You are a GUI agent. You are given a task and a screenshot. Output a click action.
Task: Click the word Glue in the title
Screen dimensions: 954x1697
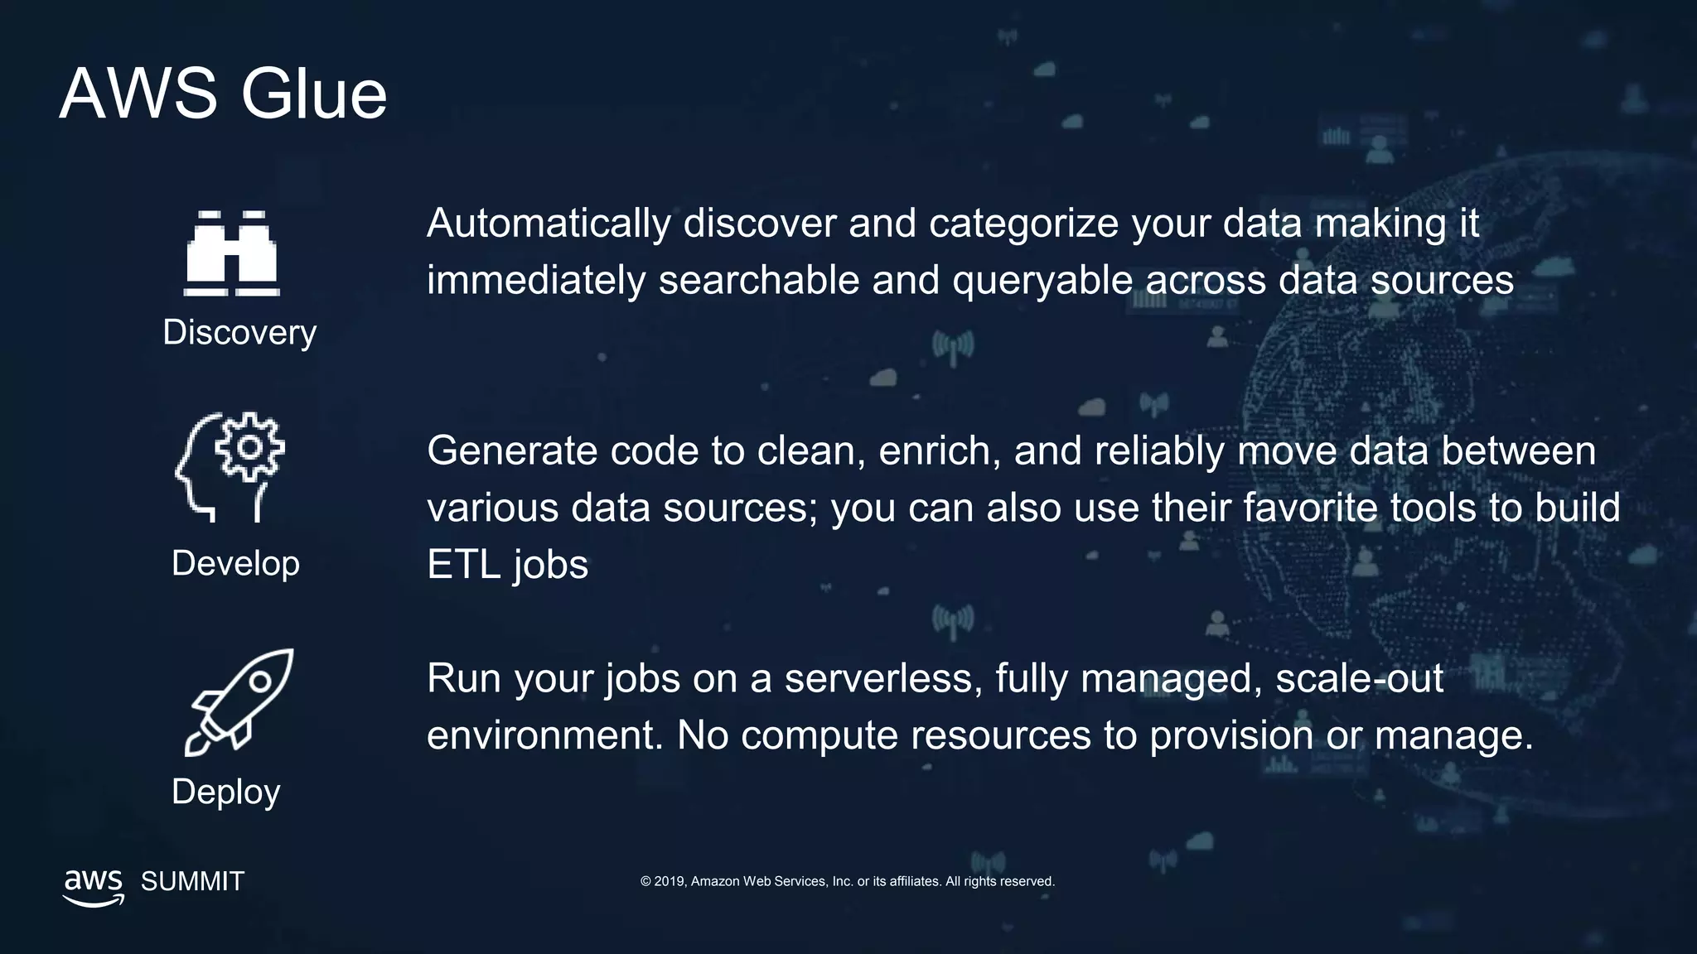[x=313, y=94]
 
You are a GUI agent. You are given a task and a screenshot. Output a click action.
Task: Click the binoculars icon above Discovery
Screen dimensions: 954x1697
[x=231, y=253]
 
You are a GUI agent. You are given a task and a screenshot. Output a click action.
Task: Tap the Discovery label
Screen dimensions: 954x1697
[x=239, y=333]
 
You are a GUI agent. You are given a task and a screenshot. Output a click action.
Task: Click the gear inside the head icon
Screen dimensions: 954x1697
[x=249, y=447]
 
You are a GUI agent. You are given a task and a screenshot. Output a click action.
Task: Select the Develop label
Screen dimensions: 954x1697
[x=235, y=564]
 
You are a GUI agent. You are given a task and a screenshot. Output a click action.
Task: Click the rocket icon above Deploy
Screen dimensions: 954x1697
[x=239, y=702]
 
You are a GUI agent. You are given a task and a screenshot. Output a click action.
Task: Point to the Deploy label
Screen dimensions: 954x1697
[x=225, y=793]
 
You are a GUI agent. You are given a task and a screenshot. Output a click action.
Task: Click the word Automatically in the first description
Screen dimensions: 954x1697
[x=549, y=224]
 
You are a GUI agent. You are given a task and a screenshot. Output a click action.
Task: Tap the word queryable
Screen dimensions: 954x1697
[x=1042, y=281]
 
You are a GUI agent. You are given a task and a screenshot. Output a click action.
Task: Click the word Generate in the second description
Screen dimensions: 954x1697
[x=511, y=452]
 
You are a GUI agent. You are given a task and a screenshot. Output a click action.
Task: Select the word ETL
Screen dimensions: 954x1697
[x=463, y=566]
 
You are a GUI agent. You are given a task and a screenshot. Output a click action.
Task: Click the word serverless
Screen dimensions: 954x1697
[x=883, y=679]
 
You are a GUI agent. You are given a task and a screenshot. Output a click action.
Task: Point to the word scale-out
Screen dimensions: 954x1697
[x=1359, y=679]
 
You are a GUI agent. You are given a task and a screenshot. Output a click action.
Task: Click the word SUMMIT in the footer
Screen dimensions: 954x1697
[x=192, y=882]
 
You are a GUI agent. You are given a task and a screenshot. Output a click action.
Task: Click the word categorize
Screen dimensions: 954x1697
[x=1023, y=224]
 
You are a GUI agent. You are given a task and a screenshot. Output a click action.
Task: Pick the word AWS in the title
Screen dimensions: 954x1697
[x=138, y=94]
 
